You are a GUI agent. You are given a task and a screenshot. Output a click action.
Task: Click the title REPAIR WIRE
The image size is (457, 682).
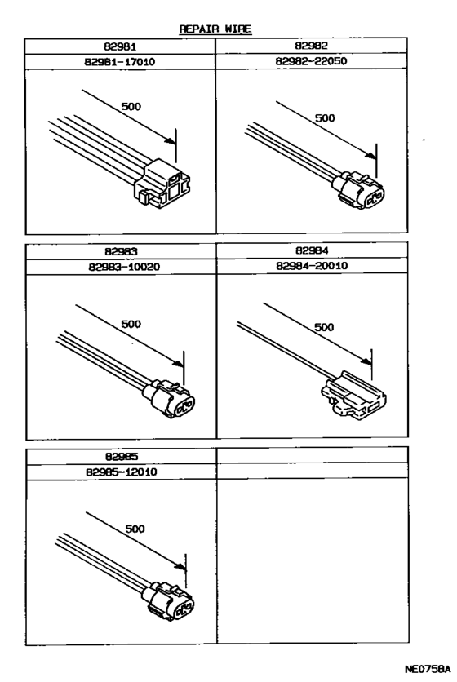(x=215, y=29)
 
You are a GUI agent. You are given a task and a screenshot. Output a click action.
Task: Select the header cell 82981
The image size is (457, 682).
(x=120, y=47)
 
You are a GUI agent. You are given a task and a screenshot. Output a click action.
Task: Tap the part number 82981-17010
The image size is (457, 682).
(x=120, y=61)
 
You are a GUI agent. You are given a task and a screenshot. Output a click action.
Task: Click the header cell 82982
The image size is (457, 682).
(x=312, y=47)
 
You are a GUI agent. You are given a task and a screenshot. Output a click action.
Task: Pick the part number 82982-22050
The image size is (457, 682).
(x=312, y=61)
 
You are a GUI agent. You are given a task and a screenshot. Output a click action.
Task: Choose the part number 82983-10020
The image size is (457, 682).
(x=120, y=268)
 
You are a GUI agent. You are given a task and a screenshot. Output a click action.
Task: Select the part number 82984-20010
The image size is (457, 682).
(x=312, y=268)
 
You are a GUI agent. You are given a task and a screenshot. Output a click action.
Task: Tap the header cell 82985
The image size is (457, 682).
(x=120, y=458)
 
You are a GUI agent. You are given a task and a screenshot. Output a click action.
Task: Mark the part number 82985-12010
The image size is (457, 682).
(x=120, y=472)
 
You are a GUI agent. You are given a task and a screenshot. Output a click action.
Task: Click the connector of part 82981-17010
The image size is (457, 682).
(x=166, y=182)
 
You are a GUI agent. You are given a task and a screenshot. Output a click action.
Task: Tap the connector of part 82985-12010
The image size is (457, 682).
(x=171, y=604)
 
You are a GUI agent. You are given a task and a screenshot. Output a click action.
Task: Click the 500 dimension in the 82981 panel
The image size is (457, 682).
(x=131, y=106)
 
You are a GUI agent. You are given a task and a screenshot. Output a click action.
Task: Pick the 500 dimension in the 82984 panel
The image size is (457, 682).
(x=324, y=326)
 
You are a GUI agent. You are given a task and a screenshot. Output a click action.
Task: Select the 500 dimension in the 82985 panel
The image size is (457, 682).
(x=135, y=529)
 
